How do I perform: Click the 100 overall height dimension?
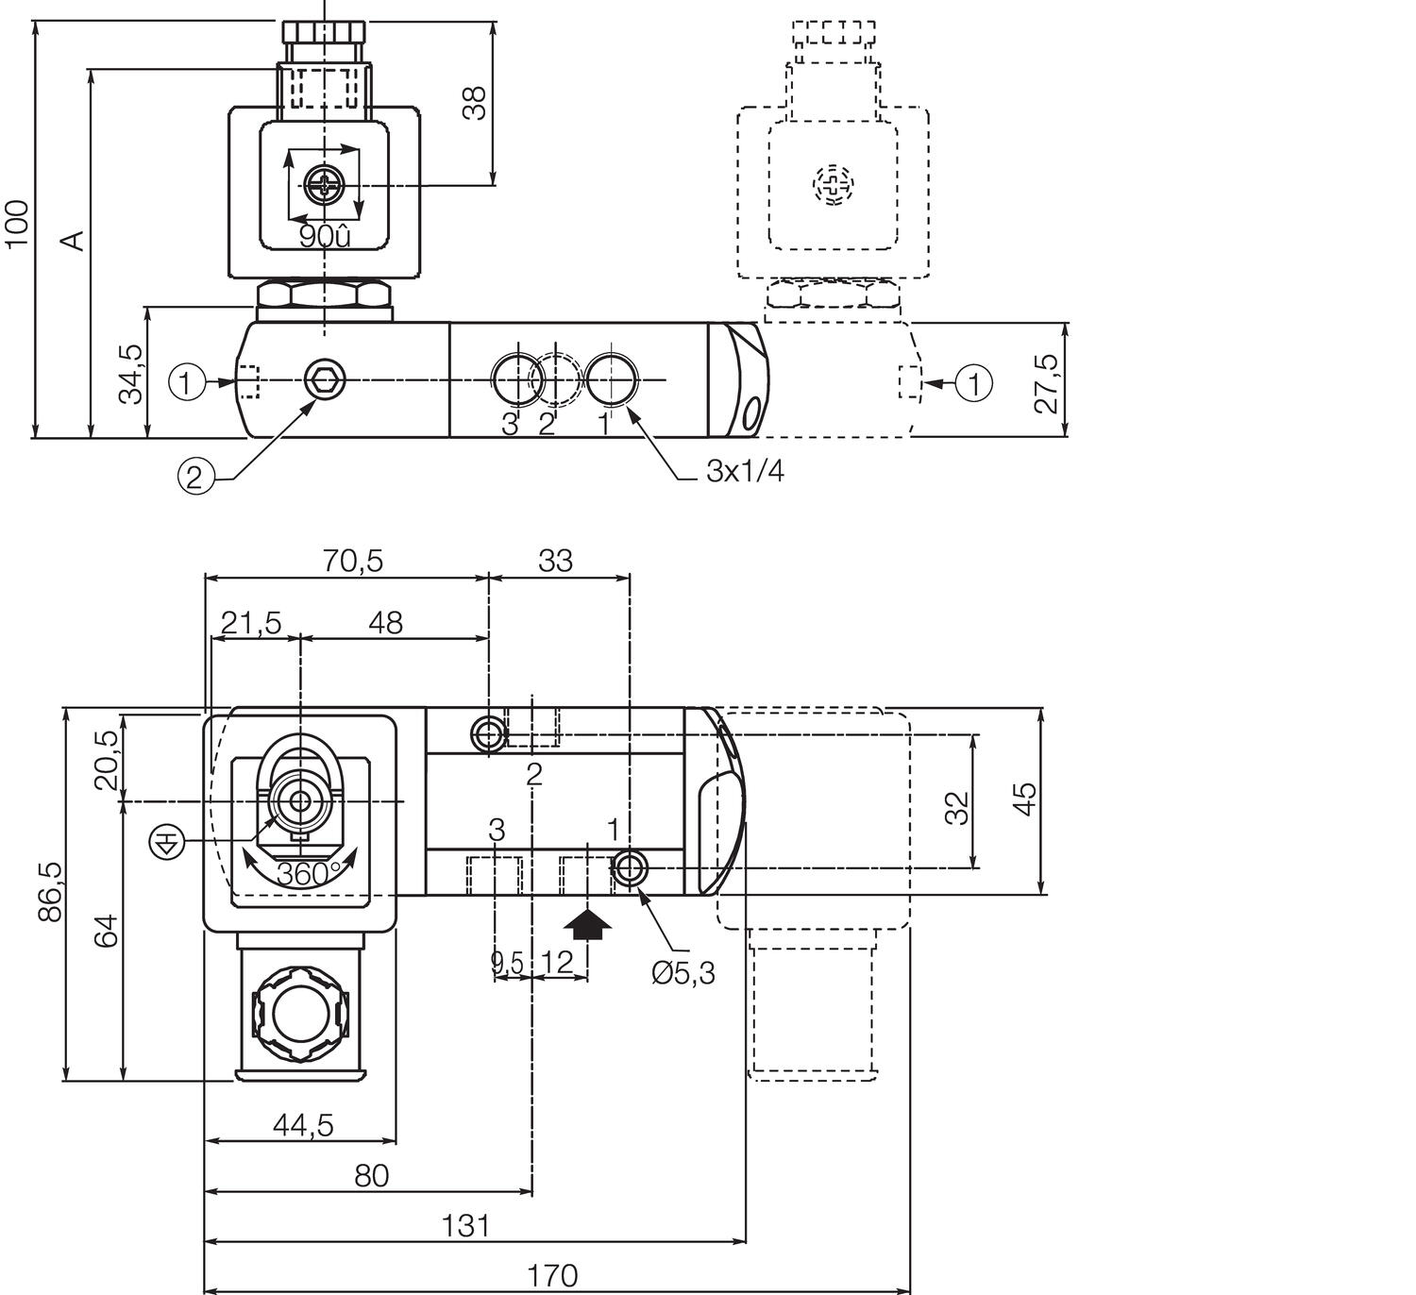coord(17,224)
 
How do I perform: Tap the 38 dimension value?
coord(475,103)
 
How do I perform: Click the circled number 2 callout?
coord(194,477)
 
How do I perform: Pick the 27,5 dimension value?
coord(1046,383)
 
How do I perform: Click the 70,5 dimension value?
coord(353,561)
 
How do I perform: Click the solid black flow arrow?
coord(587,923)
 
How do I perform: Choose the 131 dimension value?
coord(465,1226)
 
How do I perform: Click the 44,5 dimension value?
coord(303,1125)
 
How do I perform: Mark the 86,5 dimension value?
coord(50,892)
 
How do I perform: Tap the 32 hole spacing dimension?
coord(956,808)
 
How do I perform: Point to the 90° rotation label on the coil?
coord(324,237)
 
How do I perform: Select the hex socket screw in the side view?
coord(325,380)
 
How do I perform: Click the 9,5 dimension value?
coord(506,963)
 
